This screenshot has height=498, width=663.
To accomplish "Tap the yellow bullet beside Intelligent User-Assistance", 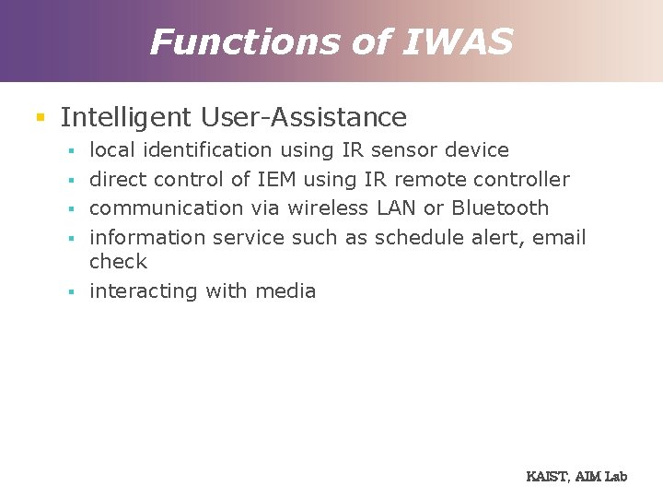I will click(40, 117).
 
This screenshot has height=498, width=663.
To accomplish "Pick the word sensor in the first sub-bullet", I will click(403, 149).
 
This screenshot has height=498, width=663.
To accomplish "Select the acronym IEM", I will click(276, 179).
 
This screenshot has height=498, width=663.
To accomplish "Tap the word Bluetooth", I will click(500, 207).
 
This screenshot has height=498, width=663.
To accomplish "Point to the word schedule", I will click(415, 237).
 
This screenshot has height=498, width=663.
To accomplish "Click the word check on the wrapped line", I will click(118, 261).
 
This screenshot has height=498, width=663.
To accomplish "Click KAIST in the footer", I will click(547, 477).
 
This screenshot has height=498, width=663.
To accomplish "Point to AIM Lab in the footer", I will click(601, 477).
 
